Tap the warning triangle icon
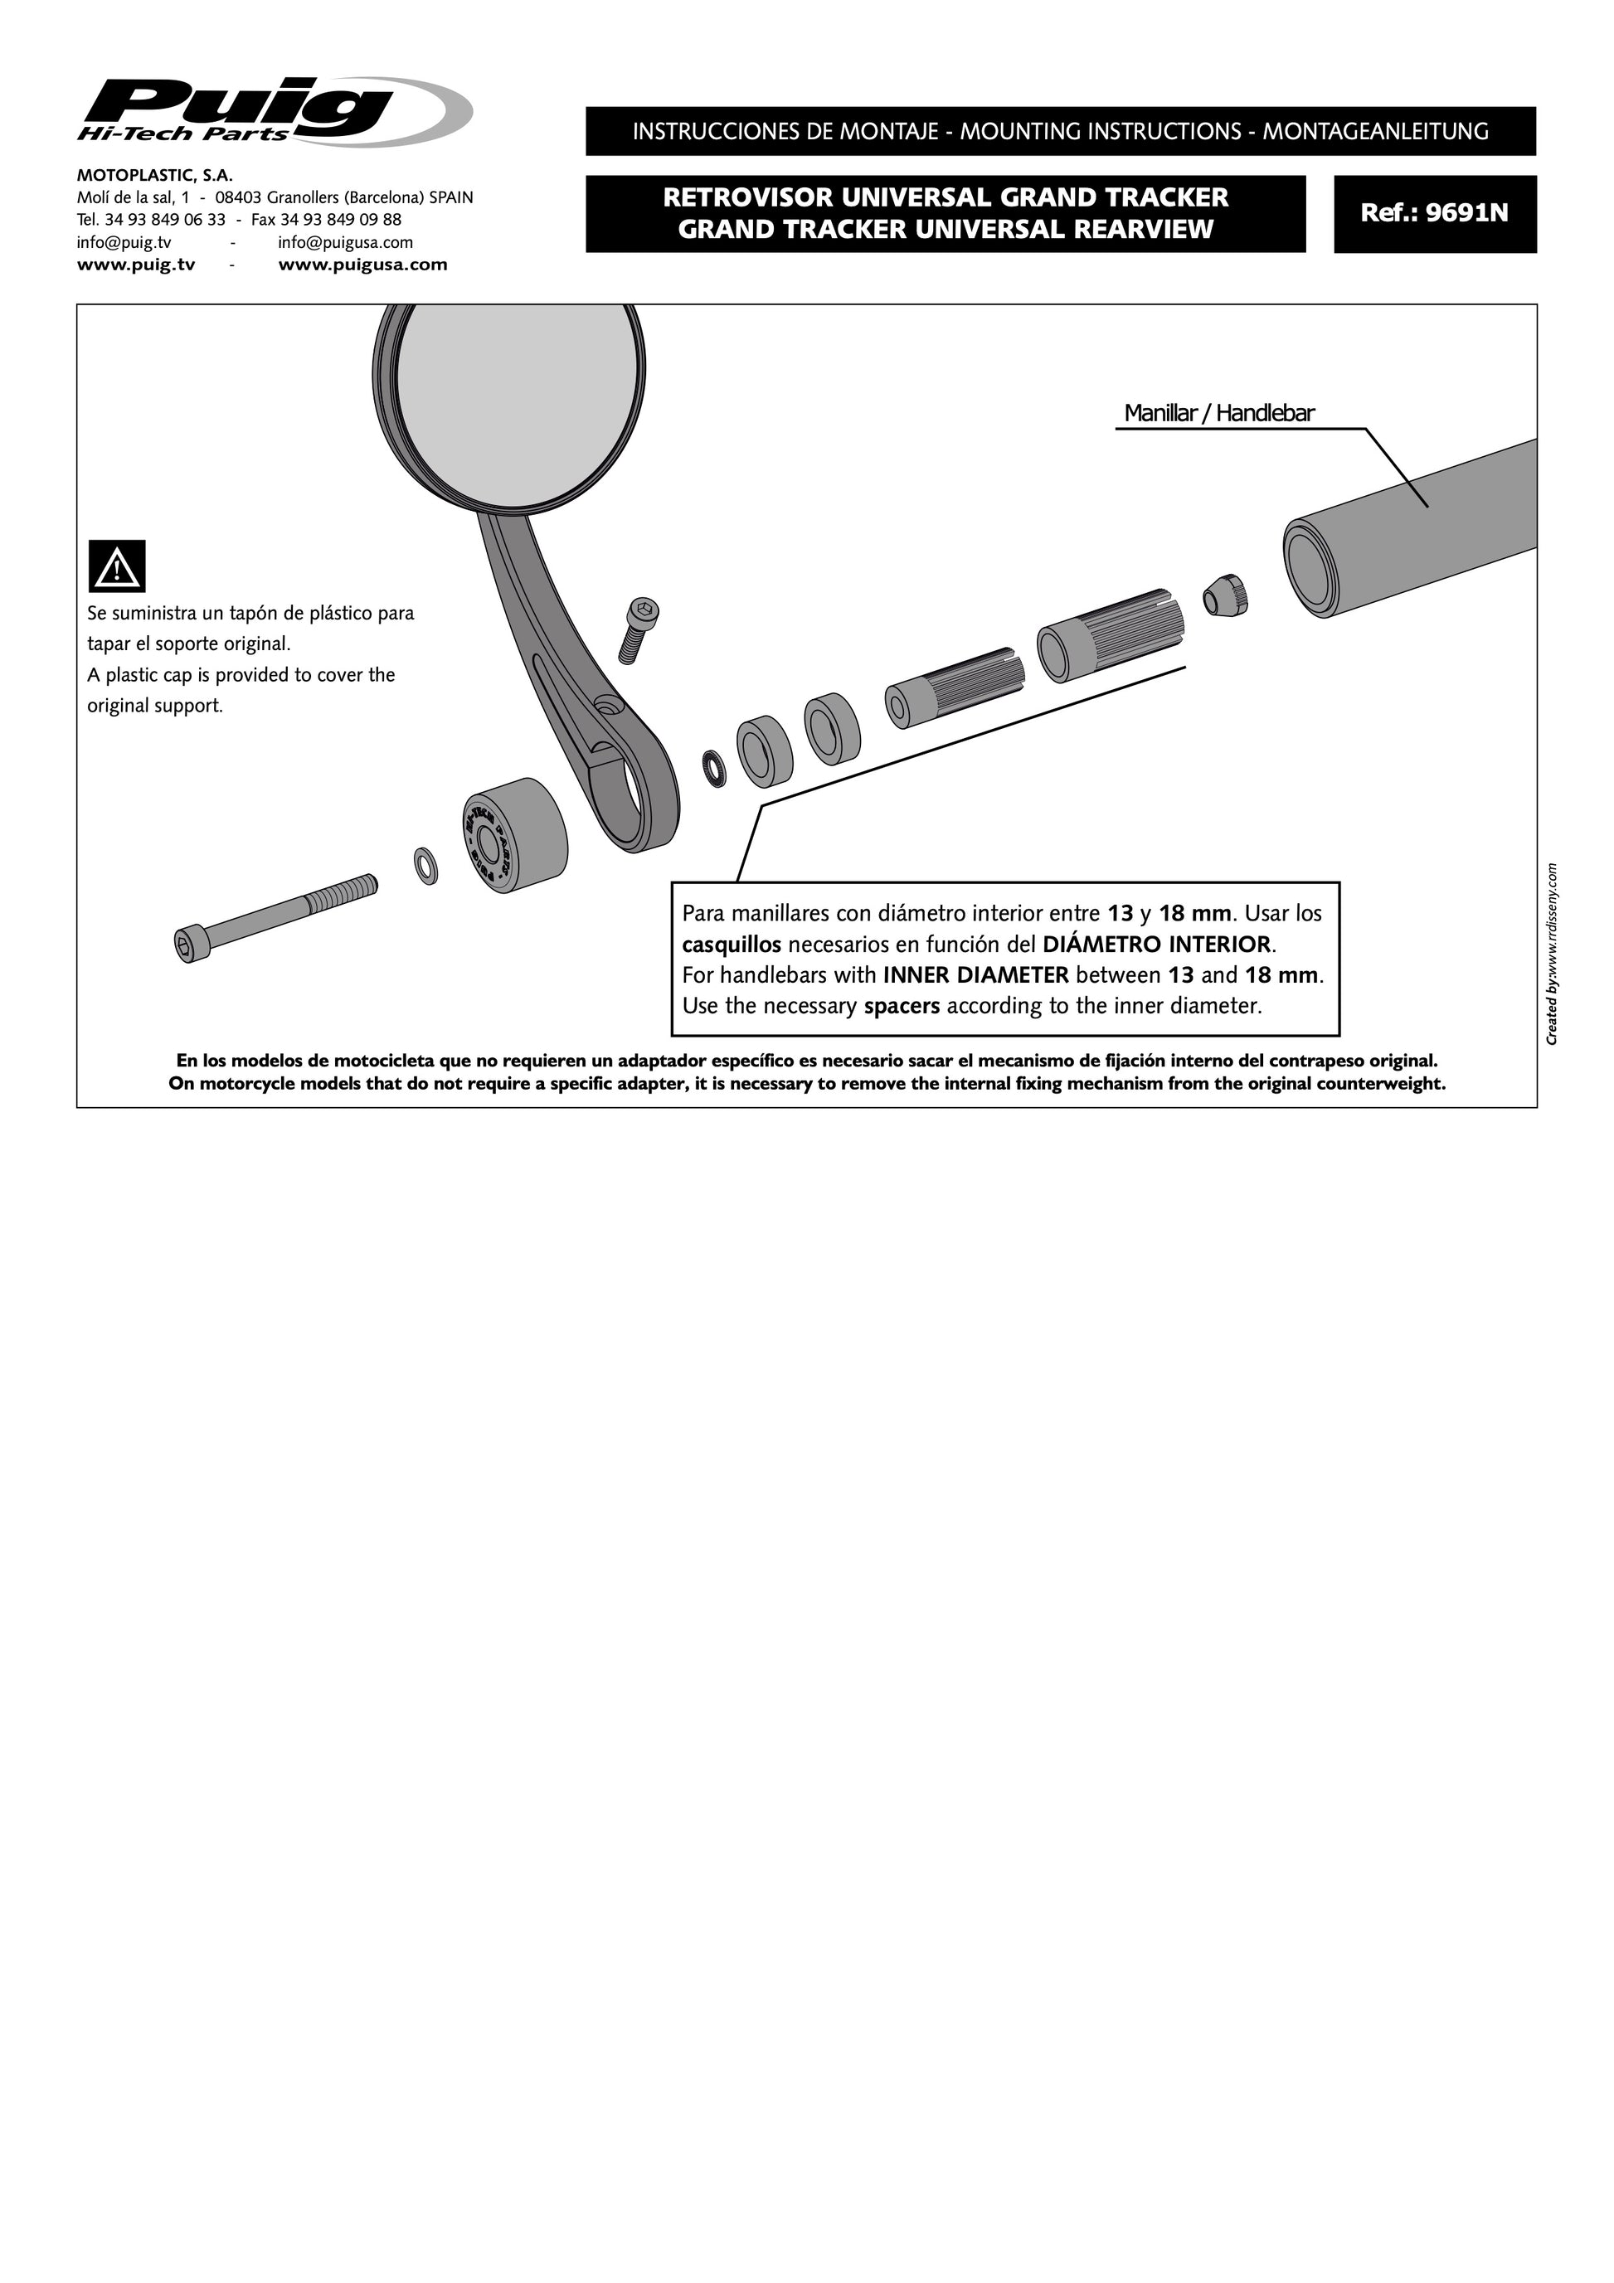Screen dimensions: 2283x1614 [x=117, y=566]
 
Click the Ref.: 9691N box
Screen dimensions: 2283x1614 [x=1434, y=213]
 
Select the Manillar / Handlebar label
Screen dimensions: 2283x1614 [x=1218, y=414]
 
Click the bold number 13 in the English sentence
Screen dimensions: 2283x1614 [x=1180, y=974]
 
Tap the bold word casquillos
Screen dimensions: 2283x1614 [x=731, y=944]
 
